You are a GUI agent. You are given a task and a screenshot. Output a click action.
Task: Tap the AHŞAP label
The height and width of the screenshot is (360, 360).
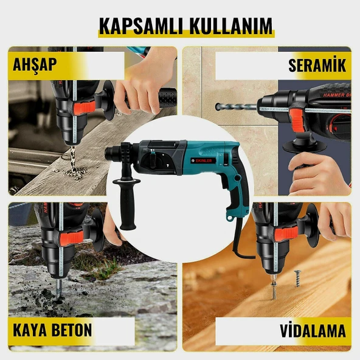[x=35, y=65]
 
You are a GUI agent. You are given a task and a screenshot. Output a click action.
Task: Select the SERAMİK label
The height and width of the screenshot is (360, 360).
[x=317, y=66]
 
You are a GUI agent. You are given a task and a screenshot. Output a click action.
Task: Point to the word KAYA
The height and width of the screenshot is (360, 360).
[x=30, y=330]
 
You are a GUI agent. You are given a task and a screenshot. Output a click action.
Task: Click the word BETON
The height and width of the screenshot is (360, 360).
[x=72, y=330]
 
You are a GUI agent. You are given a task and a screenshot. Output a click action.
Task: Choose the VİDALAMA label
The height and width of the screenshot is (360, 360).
[x=313, y=330]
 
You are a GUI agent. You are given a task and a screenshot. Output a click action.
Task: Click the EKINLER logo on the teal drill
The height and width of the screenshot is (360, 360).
[x=202, y=161]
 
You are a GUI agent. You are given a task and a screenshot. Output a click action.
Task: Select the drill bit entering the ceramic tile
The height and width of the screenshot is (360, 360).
[x=236, y=106]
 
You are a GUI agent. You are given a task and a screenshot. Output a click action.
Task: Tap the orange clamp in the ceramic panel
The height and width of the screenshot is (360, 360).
[x=296, y=121]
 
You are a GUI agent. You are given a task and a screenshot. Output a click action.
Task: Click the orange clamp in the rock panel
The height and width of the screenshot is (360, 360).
[x=72, y=237]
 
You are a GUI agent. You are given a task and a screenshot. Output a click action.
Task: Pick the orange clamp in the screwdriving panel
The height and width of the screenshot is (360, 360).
[x=286, y=234]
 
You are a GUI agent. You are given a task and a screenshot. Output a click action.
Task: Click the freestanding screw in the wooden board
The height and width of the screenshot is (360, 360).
[x=297, y=279]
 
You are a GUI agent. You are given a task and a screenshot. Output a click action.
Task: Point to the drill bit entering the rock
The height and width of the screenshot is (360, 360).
[x=59, y=288]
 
